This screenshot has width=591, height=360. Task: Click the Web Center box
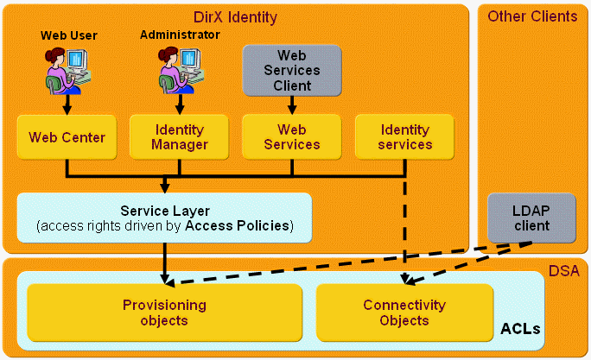tap(67, 137)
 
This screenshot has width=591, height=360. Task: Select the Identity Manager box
tap(180, 137)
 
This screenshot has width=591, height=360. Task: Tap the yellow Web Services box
tap(292, 137)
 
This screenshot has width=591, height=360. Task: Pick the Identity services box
tap(405, 137)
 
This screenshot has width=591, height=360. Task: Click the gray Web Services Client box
tap(292, 70)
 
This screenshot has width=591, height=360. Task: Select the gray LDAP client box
tap(531, 218)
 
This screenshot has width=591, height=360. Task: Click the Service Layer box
tap(164, 218)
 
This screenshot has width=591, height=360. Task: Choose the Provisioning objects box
tap(164, 313)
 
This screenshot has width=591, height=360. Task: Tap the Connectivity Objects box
tap(404, 313)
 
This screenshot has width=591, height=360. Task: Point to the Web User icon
tap(66, 70)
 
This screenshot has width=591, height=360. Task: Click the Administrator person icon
tap(179, 70)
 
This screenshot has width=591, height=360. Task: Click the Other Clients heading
tap(532, 16)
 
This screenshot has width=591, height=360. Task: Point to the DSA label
tap(563, 272)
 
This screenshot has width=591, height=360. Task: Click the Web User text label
tap(69, 35)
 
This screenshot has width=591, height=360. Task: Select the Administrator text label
tap(180, 35)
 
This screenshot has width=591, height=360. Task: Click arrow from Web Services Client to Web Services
tap(292, 104)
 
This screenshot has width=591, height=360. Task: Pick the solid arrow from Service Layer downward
tap(164, 263)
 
